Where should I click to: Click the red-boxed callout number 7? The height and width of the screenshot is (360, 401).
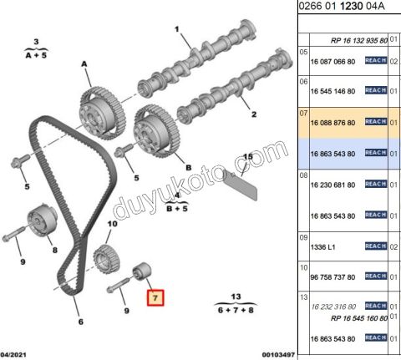155,298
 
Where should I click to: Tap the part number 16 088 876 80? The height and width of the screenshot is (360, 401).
332,123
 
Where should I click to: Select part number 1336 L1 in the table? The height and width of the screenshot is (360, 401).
322,247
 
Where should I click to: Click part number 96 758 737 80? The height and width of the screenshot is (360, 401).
332,277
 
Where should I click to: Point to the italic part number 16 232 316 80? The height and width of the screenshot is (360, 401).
333,307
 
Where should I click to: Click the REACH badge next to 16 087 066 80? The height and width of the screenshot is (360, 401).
376,60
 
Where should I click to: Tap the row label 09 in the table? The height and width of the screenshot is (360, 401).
303,237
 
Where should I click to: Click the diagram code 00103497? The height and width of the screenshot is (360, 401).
278,355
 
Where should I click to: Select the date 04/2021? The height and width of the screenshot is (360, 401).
13,355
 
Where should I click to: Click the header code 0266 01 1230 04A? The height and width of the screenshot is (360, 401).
342,6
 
